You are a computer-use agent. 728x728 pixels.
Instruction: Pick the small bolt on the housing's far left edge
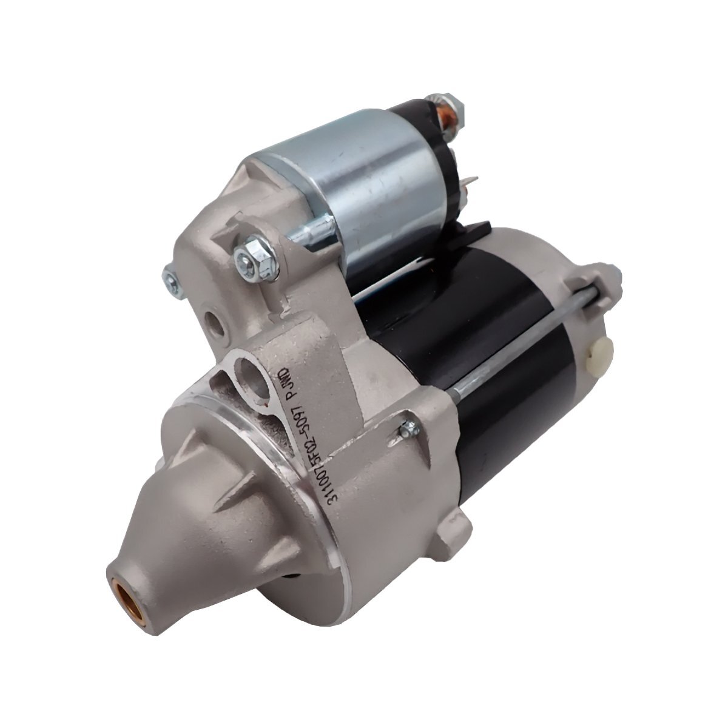[170, 278]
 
